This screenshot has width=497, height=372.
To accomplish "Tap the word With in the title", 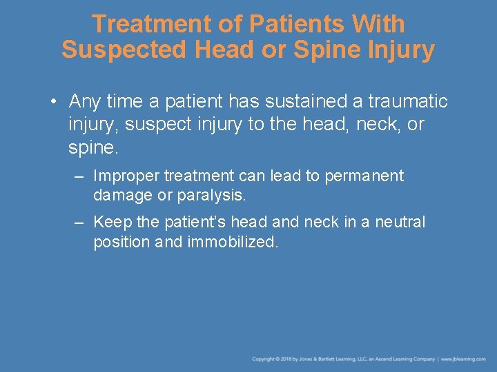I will click(x=378, y=24).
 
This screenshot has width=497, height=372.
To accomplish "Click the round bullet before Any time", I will click(x=52, y=103).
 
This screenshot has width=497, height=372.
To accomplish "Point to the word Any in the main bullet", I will click(x=85, y=102).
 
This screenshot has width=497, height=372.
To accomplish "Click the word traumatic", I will click(x=407, y=102).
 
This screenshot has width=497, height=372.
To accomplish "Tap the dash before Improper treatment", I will click(x=79, y=176).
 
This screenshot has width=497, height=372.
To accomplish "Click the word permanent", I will click(x=364, y=176).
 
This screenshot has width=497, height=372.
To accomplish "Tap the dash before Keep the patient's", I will click(x=79, y=223).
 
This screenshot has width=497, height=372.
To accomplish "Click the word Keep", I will click(x=109, y=222).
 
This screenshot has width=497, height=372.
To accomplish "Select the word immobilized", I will click(x=233, y=242).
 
